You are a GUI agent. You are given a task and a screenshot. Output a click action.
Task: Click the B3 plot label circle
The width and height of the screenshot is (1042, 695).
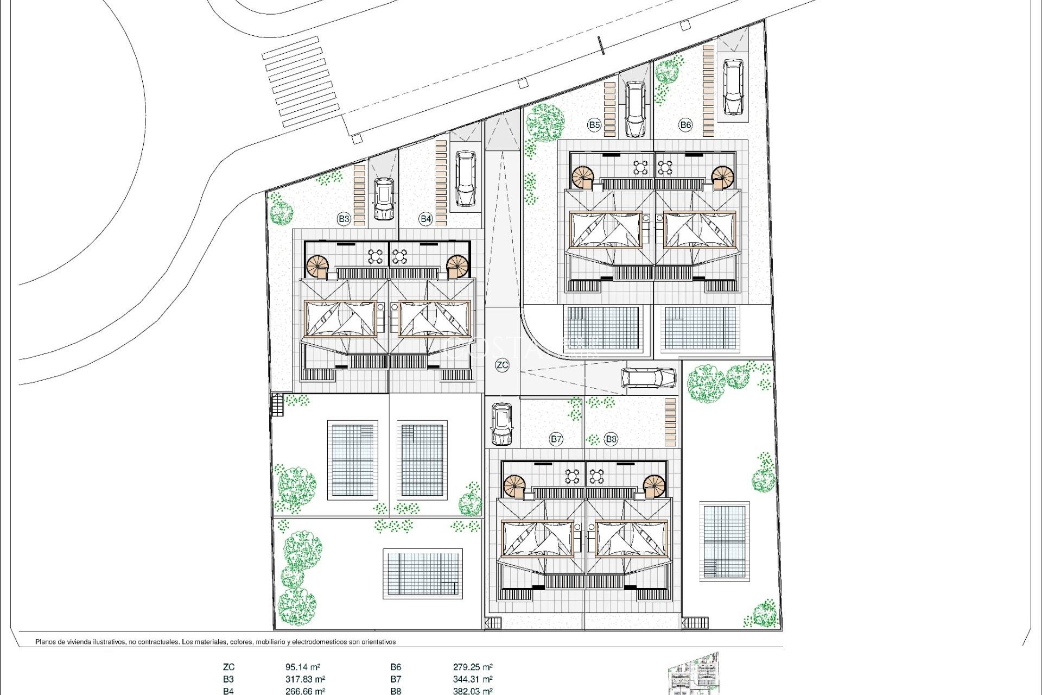point(344,219)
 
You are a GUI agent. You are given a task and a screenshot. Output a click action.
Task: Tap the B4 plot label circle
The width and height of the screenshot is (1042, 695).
point(425,219)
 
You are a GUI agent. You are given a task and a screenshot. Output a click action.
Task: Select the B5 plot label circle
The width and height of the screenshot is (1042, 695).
point(594,125)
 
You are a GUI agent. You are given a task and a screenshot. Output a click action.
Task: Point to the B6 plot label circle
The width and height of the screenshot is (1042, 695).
point(685,125)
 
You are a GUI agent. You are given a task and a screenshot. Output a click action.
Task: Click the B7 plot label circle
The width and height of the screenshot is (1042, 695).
point(556,439)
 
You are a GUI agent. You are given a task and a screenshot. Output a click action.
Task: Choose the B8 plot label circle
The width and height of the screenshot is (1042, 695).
point(611,439)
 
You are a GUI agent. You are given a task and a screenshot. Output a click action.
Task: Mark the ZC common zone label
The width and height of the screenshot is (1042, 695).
point(502,365)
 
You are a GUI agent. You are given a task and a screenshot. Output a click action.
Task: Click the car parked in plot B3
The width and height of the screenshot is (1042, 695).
point(384,199)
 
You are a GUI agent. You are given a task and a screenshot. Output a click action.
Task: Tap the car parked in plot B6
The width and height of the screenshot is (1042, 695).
point(733,87)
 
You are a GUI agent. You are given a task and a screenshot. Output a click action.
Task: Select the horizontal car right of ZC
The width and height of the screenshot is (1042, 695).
point(648,377)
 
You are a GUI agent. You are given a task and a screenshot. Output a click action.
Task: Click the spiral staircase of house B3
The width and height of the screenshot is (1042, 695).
point(317,267)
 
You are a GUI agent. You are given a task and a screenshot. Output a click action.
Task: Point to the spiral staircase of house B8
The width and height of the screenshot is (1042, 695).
point(655,485)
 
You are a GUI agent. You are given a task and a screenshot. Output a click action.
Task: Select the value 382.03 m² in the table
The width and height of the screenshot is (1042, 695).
point(472,691)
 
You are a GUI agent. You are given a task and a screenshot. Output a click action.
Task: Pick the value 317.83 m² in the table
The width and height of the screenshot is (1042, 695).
point(304,679)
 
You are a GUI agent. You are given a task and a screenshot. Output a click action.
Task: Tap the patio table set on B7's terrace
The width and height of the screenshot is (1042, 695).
point(572,476)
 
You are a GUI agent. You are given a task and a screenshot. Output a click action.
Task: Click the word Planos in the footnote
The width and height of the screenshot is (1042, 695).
point(46,642)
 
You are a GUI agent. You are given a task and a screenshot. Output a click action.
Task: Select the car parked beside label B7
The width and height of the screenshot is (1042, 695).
point(501,424)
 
